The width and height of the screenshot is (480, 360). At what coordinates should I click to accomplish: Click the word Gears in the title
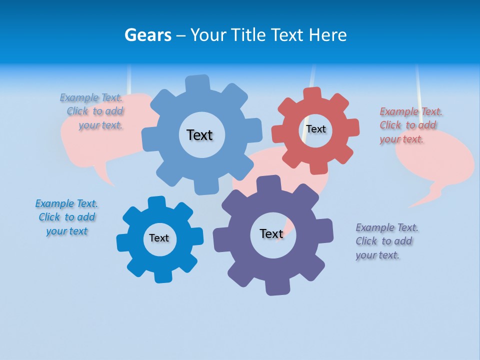[147, 35]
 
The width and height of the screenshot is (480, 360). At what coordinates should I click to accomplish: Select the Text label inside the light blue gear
[199, 135]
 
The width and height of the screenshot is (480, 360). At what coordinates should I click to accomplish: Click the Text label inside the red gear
[316, 129]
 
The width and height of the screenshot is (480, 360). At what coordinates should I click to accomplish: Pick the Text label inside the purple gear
[271, 233]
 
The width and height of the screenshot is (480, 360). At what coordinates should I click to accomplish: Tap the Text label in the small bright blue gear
[159, 238]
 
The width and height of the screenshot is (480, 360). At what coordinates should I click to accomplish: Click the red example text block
[410, 125]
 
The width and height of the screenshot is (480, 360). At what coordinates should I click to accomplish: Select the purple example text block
[386, 241]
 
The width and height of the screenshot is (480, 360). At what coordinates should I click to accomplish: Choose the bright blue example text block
[66, 217]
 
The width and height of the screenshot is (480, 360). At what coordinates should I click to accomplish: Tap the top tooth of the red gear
[312, 93]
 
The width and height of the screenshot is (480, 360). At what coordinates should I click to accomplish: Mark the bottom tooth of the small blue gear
[162, 276]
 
